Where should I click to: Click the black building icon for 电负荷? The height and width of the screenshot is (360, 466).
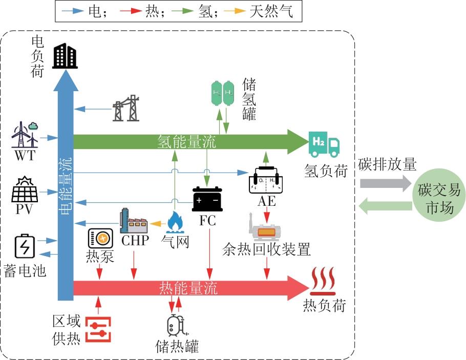(x=65, y=55)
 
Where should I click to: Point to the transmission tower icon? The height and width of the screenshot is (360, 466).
(x=126, y=108)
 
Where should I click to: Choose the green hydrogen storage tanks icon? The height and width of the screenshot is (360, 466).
(x=222, y=94)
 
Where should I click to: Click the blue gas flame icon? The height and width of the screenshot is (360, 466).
(x=175, y=222)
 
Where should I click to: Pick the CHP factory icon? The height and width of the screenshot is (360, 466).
(x=133, y=221)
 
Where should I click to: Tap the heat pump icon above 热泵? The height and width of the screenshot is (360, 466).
(x=100, y=238)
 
